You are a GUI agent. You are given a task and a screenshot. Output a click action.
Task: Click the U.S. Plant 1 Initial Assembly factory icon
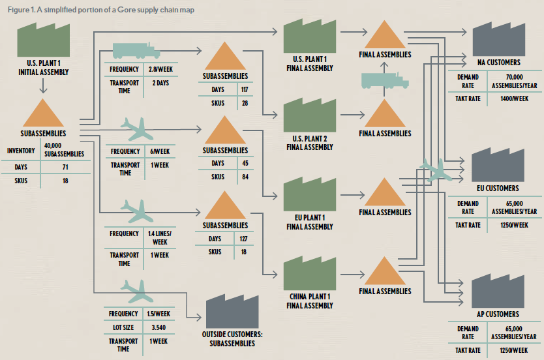point(42,40)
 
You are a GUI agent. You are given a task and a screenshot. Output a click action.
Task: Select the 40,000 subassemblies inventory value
point(64,151)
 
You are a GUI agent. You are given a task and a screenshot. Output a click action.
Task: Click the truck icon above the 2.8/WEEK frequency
point(136,51)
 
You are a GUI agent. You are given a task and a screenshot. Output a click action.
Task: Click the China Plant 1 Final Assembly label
point(309,301)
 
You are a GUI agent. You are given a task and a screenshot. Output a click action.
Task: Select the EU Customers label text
point(498,188)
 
